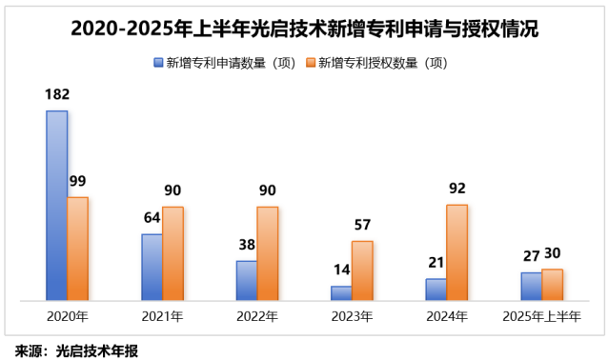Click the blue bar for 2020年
pos(57,206)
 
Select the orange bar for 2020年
pos(77,249)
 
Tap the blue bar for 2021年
pos(152,267)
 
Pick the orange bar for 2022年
pos(267,253)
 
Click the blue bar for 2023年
pos(341,293)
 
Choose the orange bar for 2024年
pos(456,252)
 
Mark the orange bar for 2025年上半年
pos(552,285)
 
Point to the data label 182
pos(57,94)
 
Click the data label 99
pos(77,181)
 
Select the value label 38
pos(245,244)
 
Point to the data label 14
pos(339,270)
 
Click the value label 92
pos(456,189)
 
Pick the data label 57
pos(362,225)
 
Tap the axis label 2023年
pos(352,316)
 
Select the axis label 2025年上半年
pos(541,316)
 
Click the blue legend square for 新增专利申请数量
pos(158,63)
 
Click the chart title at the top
pos(304,29)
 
